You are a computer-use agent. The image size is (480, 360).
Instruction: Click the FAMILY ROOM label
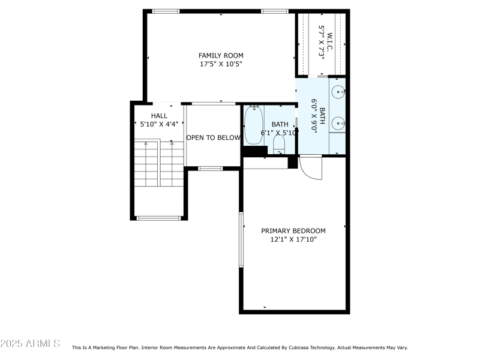point(221,56)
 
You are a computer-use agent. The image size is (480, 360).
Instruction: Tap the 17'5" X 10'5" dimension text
point(221,64)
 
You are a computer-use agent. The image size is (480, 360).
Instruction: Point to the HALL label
point(159,116)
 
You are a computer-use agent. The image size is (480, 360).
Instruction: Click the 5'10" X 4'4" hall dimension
point(159,125)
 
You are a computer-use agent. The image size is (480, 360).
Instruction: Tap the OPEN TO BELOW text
point(213,138)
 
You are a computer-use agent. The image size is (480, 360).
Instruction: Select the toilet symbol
point(279,144)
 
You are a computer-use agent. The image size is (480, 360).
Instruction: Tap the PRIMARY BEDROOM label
point(293,231)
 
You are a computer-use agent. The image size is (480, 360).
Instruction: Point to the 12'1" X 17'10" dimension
point(293,240)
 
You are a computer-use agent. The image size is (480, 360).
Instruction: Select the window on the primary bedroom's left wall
point(241,239)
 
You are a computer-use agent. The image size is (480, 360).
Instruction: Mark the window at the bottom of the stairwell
point(158,218)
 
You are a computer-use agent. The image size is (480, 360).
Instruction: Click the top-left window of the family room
point(166,11)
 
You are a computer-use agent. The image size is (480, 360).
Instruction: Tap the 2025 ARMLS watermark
point(30,344)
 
